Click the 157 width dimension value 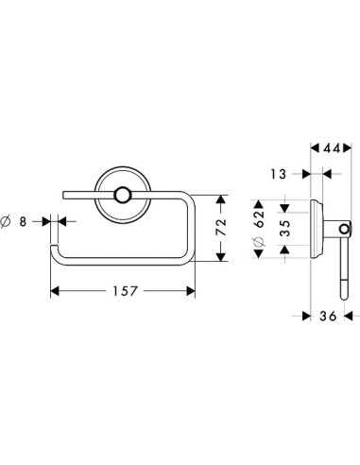125,291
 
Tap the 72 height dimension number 221,227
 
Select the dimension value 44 331,148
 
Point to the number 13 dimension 279,174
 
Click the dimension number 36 328,316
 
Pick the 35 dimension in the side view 285,228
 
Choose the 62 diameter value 260,219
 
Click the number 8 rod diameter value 23,222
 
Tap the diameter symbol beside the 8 5,222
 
